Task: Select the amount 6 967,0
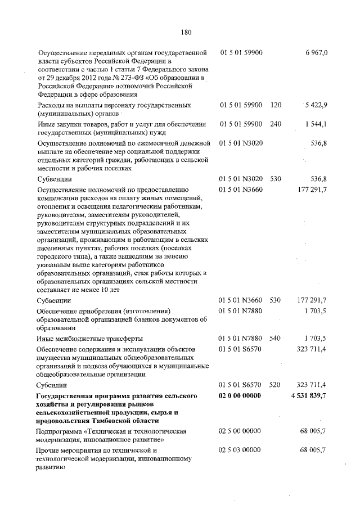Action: [x=316, y=52]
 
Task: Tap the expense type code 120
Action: [x=275, y=105]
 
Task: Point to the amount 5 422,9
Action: [x=316, y=105]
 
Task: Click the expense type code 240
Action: [x=275, y=124]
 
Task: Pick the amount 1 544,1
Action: [x=316, y=124]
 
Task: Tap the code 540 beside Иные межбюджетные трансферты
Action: [x=275, y=338]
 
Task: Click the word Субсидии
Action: [x=55, y=386]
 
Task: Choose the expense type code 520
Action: [x=275, y=386]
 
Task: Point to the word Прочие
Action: [x=49, y=450]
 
